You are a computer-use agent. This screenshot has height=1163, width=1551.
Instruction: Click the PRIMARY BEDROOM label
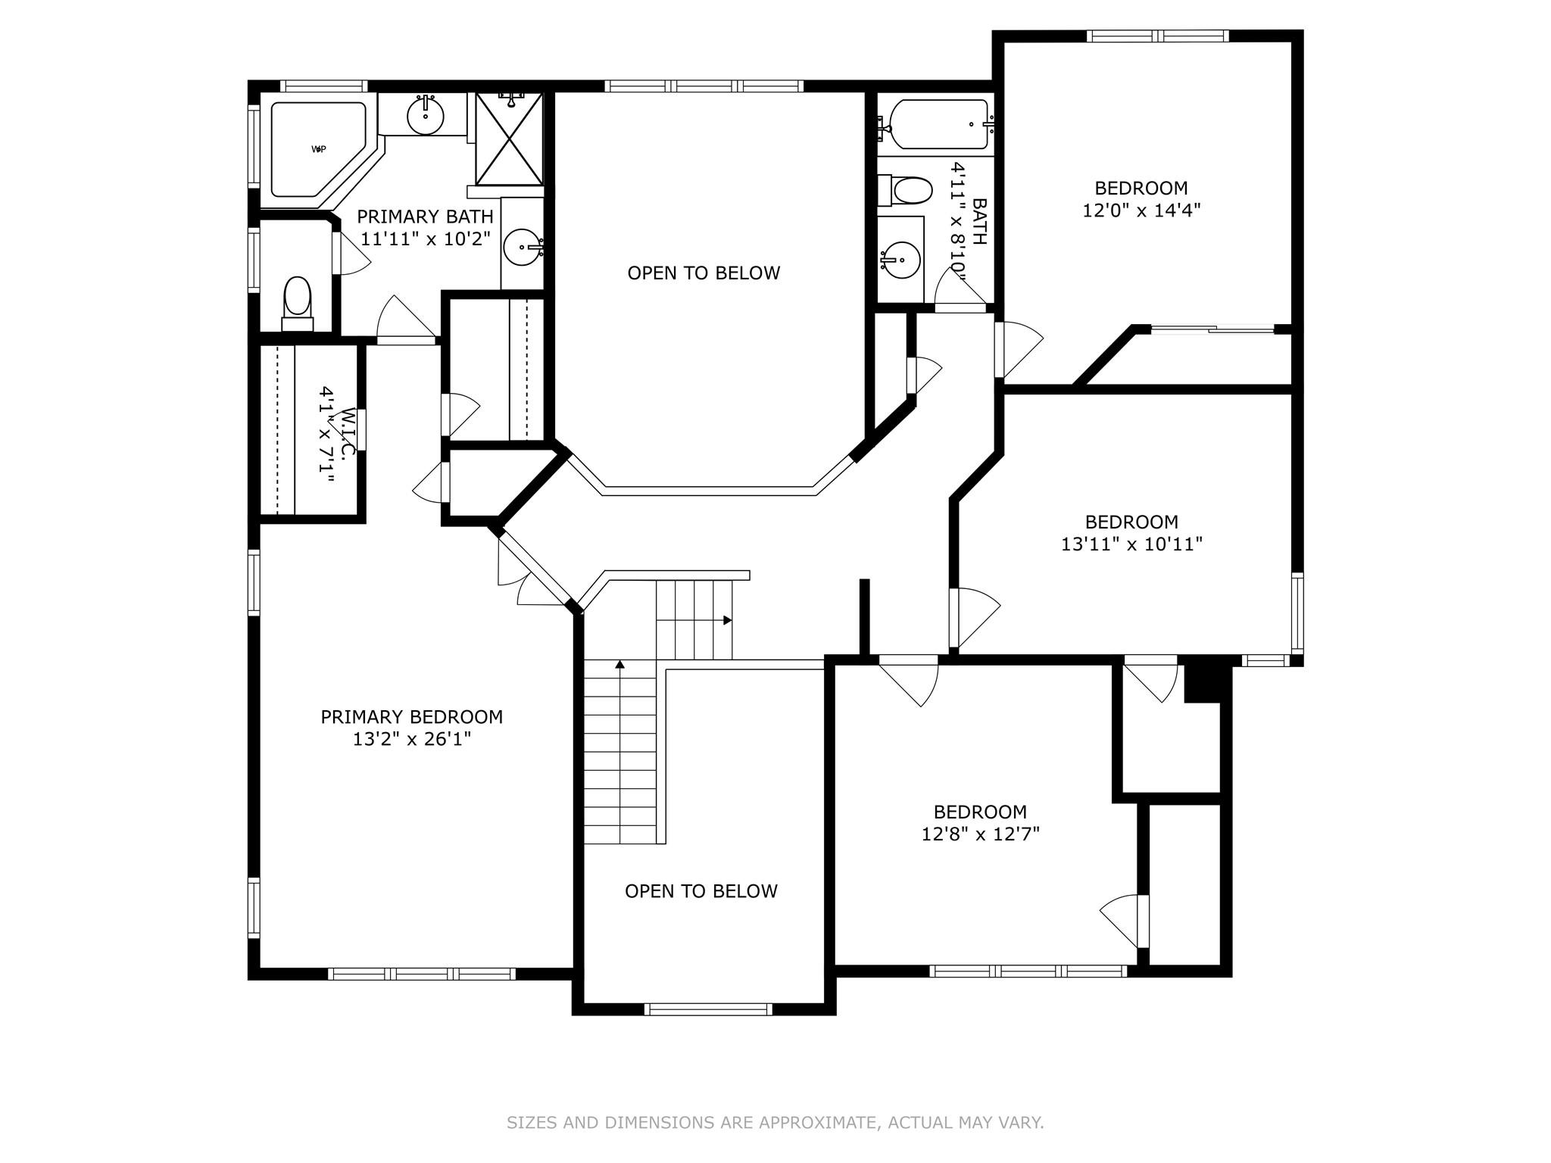click(x=411, y=716)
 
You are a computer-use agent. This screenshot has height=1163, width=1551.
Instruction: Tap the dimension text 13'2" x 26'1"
click(x=411, y=739)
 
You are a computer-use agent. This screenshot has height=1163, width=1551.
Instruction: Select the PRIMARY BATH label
click(x=425, y=217)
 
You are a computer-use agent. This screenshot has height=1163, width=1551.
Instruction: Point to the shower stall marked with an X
click(x=509, y=139)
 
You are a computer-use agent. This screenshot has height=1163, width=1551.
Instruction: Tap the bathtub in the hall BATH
click(x=939, y=125)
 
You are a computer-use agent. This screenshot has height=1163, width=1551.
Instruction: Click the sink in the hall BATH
click(x=901, y=260)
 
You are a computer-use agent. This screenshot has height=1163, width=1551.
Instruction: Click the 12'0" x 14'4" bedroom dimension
click(x=1141, y=210)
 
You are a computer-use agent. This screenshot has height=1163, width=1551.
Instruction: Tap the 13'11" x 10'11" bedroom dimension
click(x=1131, y=544)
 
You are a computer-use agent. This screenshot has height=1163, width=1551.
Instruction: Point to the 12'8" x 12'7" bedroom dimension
click(x=980, y=834)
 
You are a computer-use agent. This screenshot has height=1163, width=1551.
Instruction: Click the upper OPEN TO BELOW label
click(x=704, y=273)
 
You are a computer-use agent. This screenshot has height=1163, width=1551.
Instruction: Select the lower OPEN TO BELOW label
click(x=701, y=891)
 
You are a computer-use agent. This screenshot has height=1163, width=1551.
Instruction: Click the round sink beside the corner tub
click(x=426, y=116)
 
